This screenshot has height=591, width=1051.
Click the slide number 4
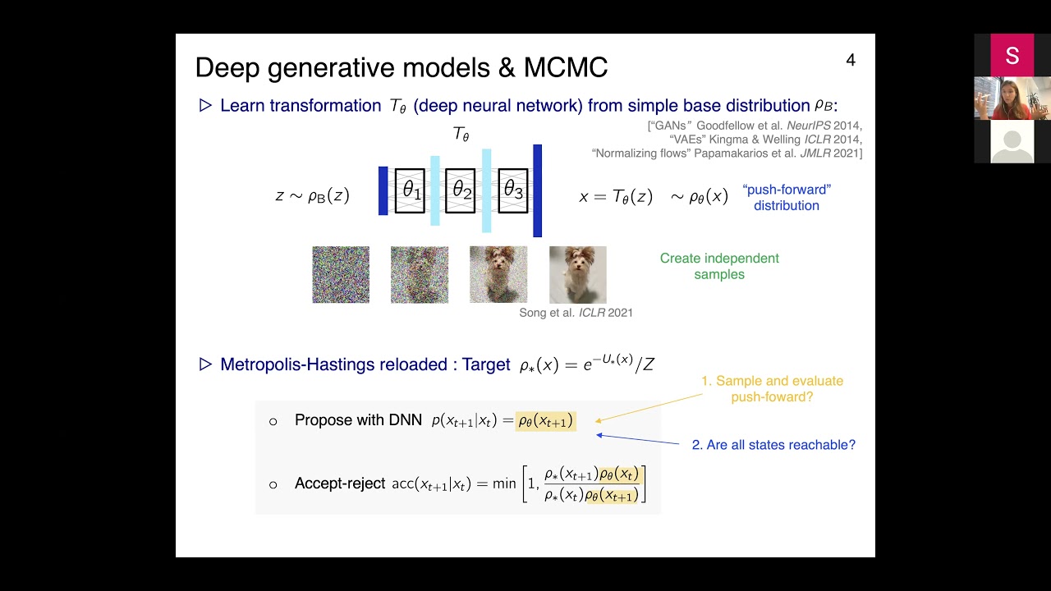[851, 60]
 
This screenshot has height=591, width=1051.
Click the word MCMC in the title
[565, 67]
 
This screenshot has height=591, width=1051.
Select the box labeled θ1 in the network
[410, 191]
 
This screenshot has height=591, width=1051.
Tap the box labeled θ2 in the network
[461, 191]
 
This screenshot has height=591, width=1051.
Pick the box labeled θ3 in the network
[512, 191]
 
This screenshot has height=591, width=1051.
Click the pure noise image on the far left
[341, 275]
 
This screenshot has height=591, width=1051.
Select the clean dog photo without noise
[577, 275]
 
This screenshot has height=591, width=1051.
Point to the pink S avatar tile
[1012, 55]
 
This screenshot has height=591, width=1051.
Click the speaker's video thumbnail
[1012, 98]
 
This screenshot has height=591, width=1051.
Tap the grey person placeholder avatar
[1012, 141]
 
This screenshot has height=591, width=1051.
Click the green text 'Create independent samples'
[719, 266]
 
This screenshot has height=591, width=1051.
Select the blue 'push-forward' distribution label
[787, 197]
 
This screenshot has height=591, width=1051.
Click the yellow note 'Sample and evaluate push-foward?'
[771, 389]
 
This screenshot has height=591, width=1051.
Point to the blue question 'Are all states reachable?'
[773, 445]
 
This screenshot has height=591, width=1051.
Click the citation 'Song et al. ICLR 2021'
[576, 313]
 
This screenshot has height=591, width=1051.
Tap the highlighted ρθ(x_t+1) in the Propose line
[545, 421]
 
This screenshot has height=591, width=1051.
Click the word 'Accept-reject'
[339, 483]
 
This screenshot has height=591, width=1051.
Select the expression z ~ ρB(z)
[312, 196]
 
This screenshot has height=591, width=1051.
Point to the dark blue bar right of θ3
[537, 190]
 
